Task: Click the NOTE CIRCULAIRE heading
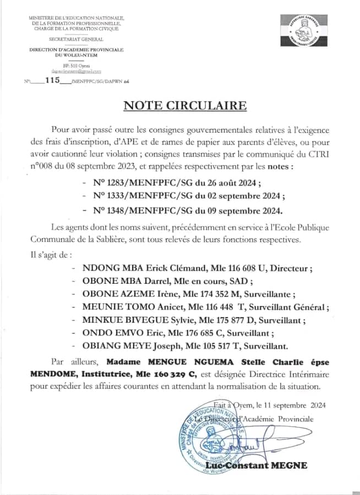click(185, 105)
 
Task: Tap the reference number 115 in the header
click(52, 80)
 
